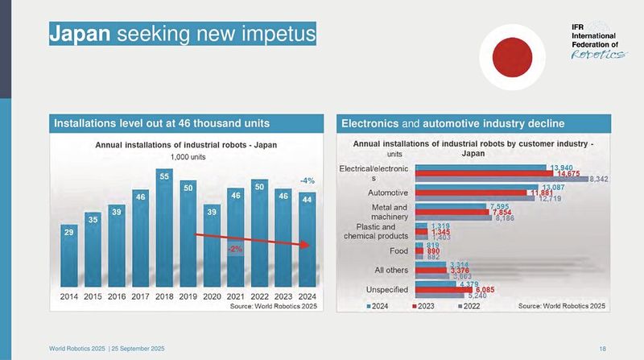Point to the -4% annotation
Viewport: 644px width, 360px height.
pyautogui.click(x=307, y=180)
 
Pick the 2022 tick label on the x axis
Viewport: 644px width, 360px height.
pyautogui.click(x=259, y=296)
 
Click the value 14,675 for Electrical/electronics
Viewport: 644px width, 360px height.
pyautogui.click(x=568, y=173)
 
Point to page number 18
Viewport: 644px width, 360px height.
pyautogui.click(x=602, y=348)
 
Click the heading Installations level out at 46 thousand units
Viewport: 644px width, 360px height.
pyautogui.click(x=161, y=123)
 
